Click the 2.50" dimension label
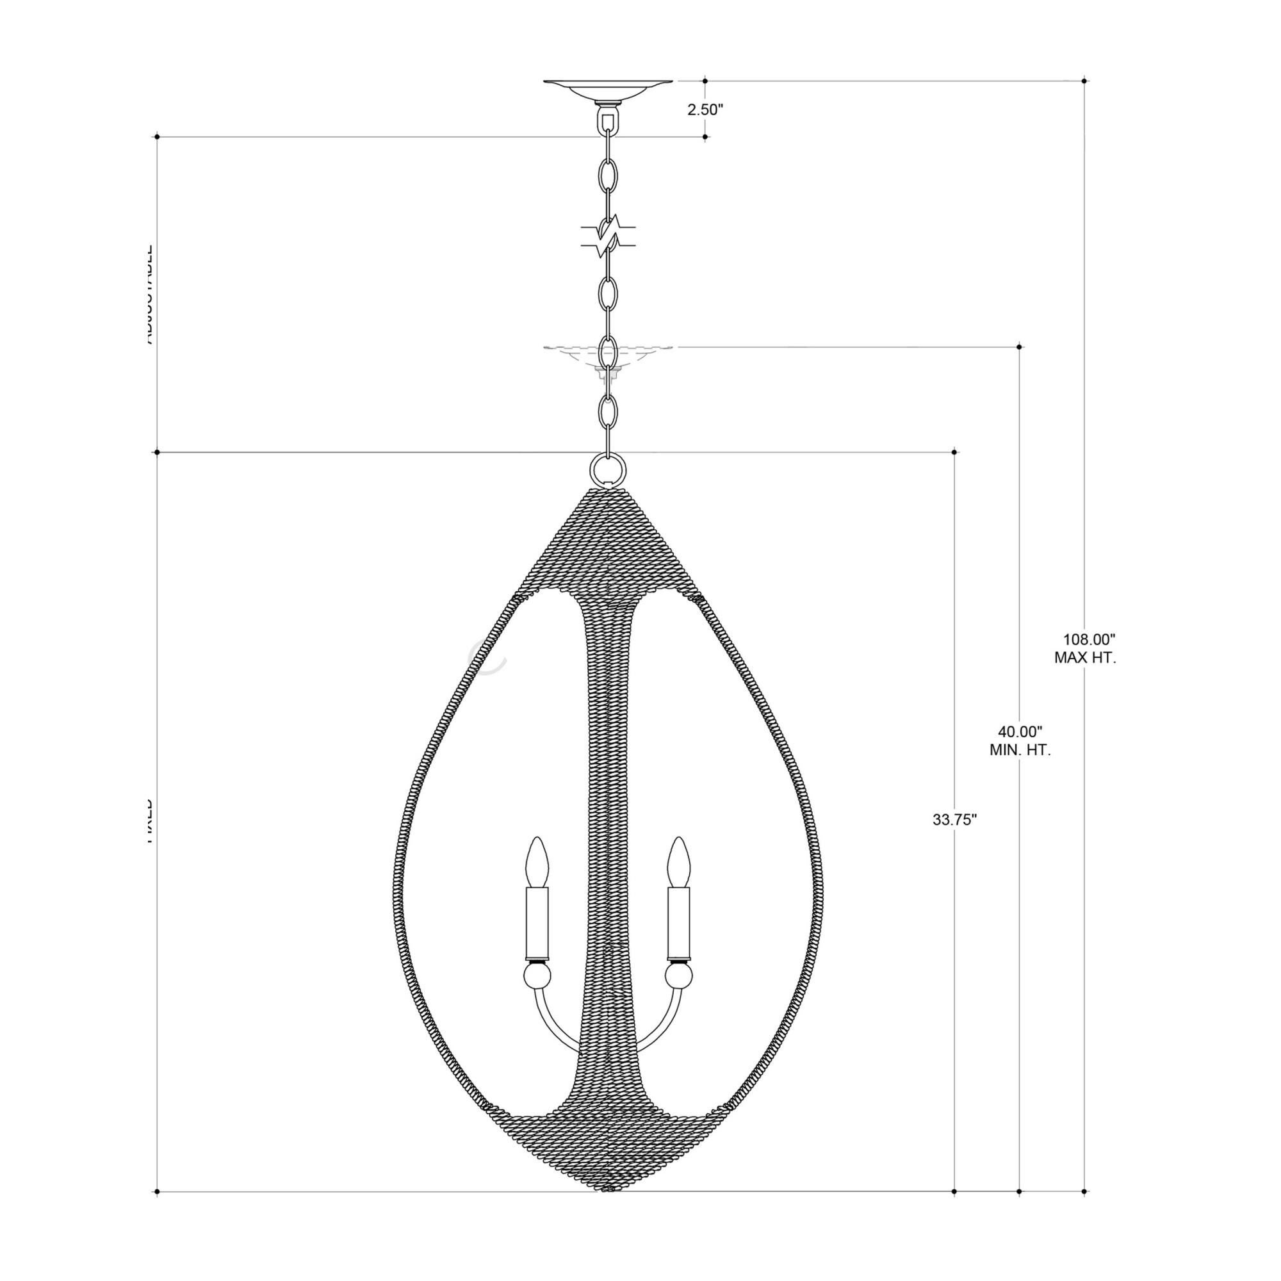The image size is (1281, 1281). (704, 110)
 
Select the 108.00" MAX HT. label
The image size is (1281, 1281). (1086, 649)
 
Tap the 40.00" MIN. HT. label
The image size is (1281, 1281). (1020, 741)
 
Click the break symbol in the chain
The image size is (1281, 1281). (607, 236)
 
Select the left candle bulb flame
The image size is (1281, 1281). (537, 861)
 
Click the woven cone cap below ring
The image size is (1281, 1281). (607, 541)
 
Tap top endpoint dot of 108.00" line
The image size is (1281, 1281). (1084, 81)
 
